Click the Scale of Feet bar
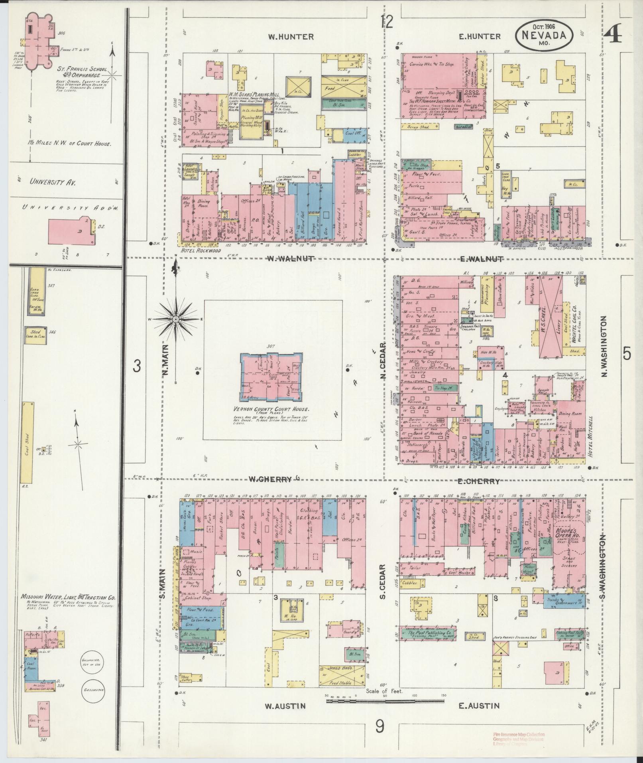385,700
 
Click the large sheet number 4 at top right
612,35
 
